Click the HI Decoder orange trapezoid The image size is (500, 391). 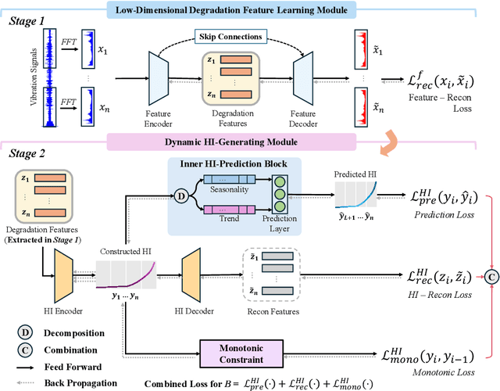coord(192,279)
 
